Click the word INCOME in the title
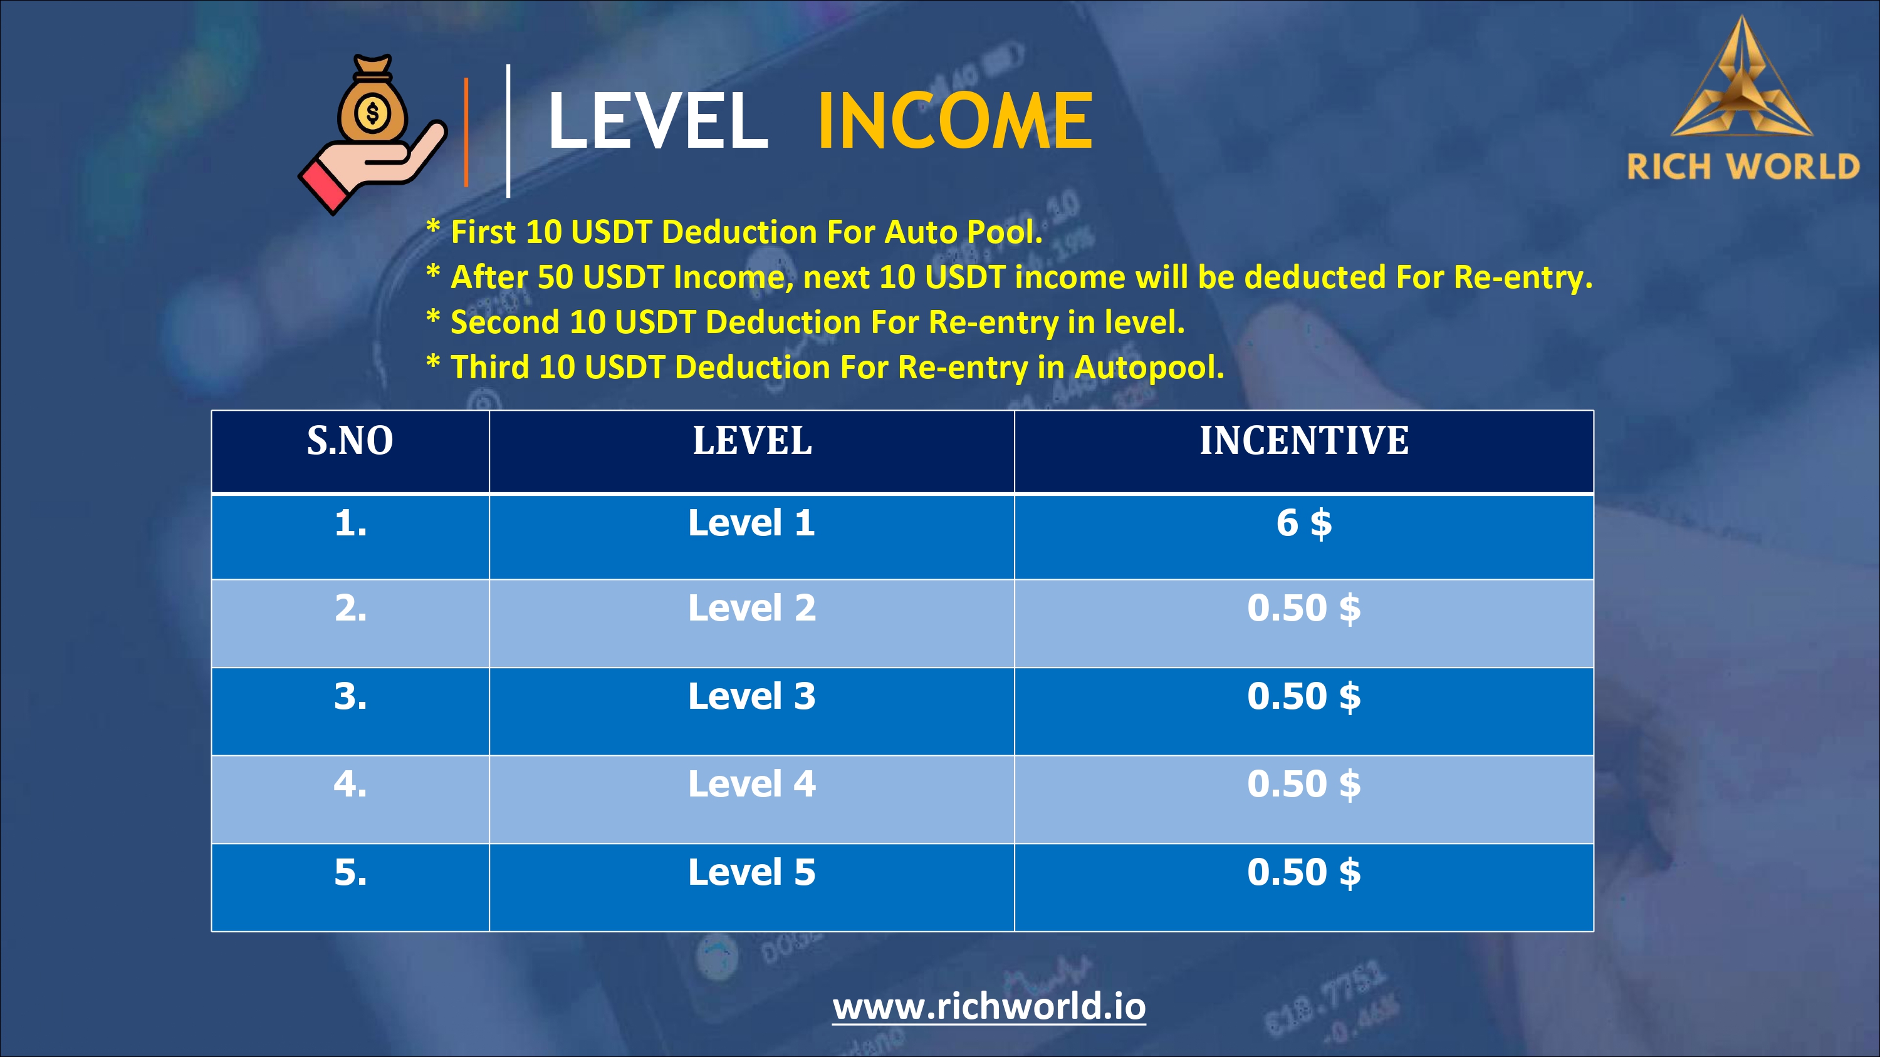click(x=954, y=120)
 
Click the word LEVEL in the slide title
click(x=657, y=120)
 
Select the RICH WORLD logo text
click(x=1743, y=167)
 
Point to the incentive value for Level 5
click(x=1304, y=872)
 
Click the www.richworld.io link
click(x=989, y=1007)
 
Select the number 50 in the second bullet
click(x=555, y=277)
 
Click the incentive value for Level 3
click(x=1304, y=697)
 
